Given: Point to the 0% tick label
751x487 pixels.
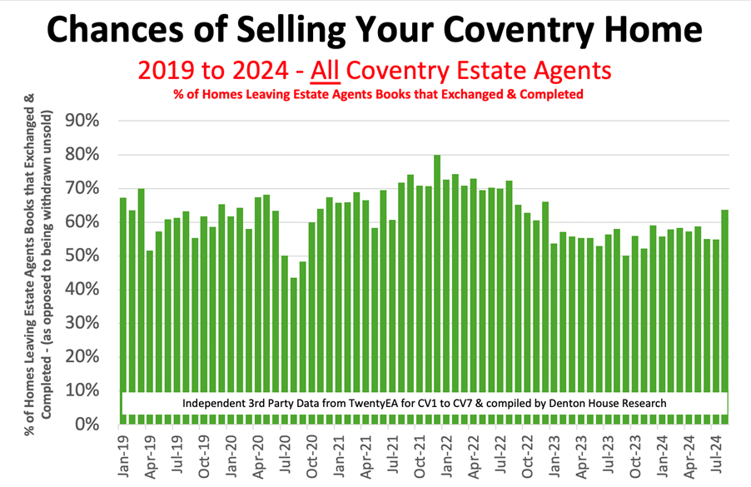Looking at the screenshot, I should pyautogui.click(x=87, y=425).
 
